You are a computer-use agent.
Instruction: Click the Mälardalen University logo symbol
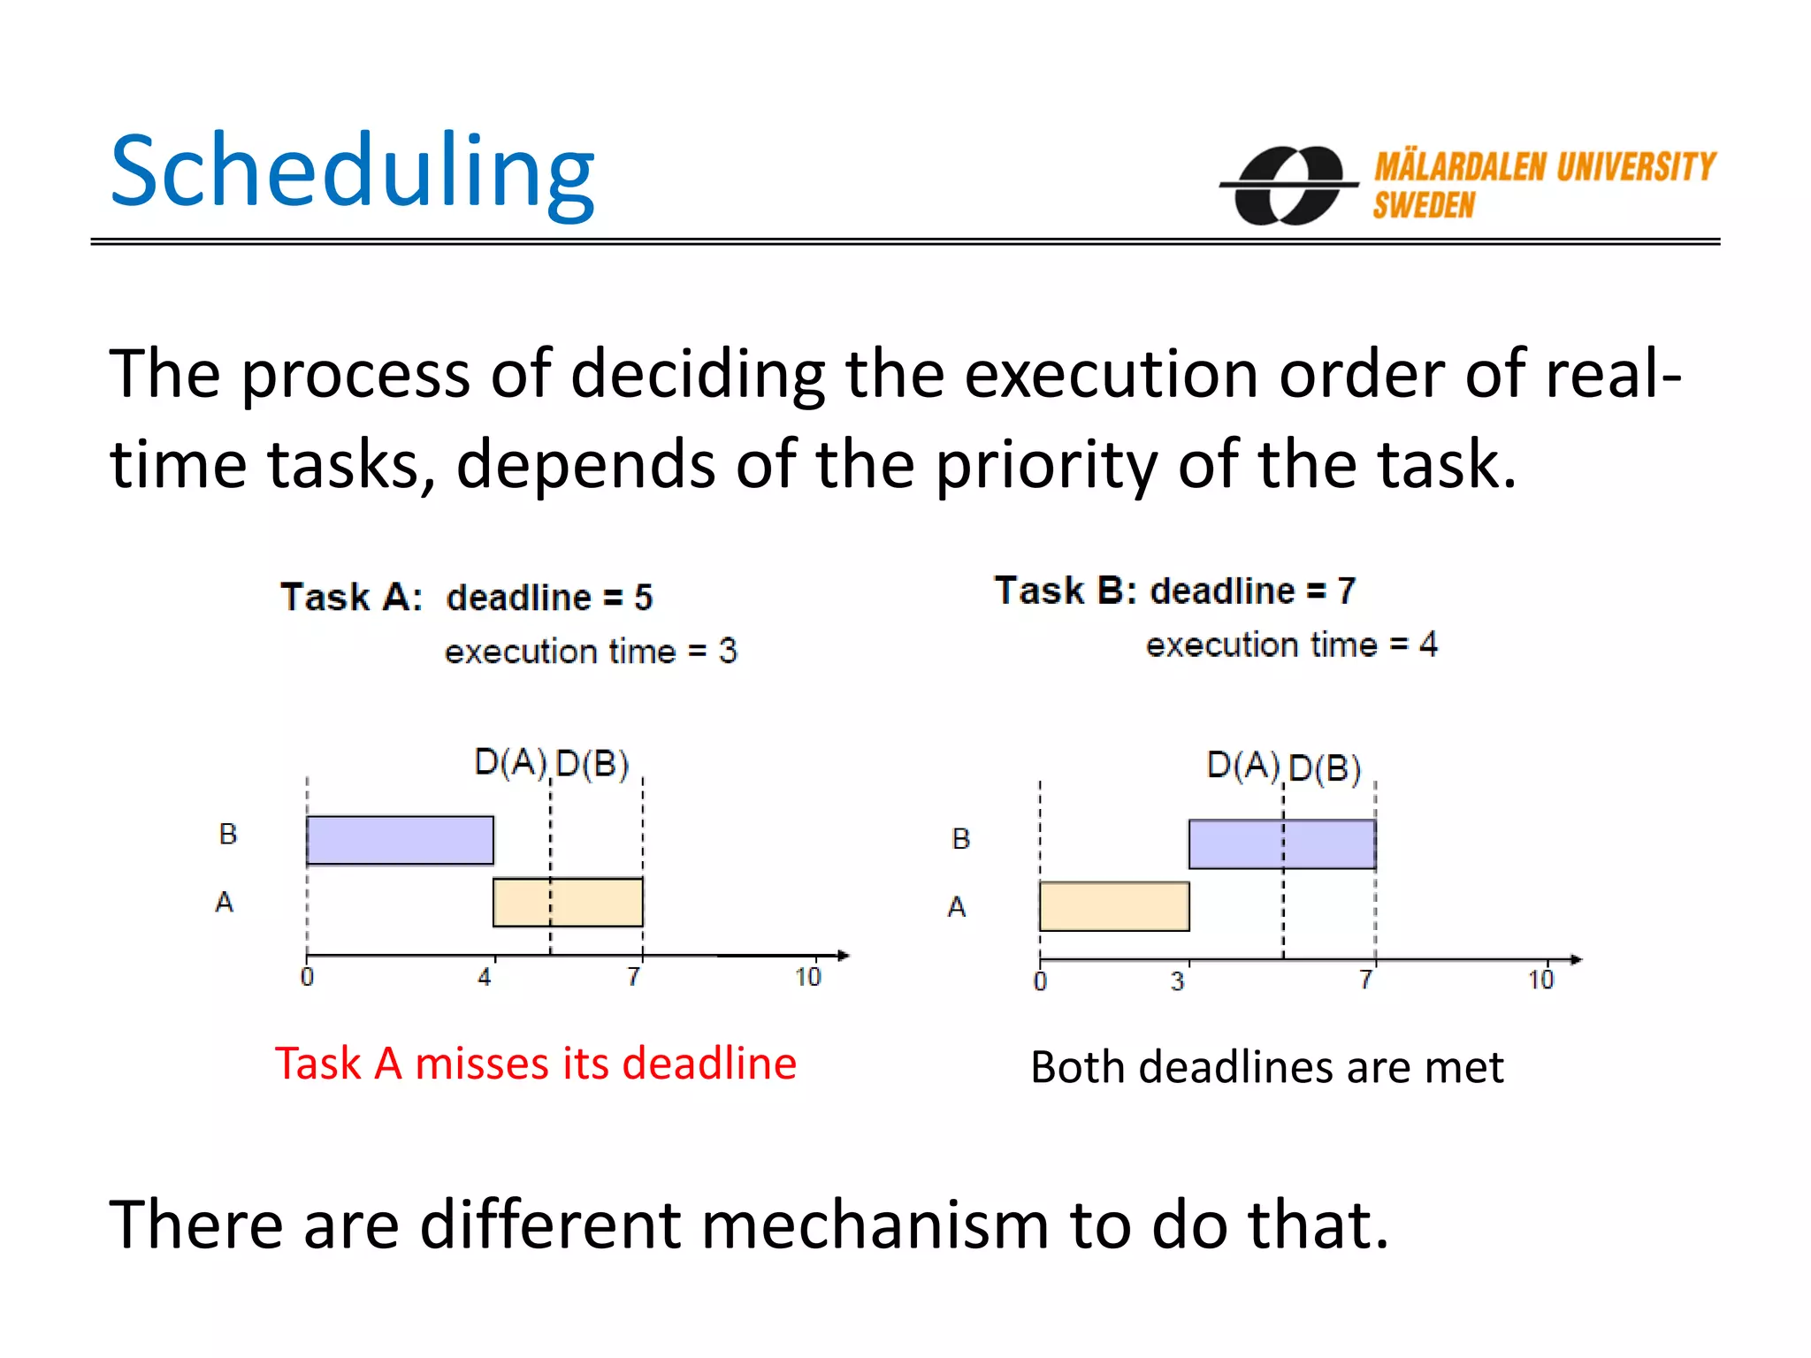(1289, 185)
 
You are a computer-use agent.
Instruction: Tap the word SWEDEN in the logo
(1424, 206)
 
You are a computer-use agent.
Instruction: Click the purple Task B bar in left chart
(400, 840)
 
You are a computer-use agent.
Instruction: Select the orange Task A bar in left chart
(568, 902)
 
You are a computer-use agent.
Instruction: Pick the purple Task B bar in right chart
(1281, 844)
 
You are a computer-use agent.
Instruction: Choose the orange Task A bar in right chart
(1114, 906)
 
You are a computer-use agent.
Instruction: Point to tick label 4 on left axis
(485, 977)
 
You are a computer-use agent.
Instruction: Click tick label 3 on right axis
(1177, 980)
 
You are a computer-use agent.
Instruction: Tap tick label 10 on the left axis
(807, 977)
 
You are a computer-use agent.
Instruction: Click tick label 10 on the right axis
(1540, 980)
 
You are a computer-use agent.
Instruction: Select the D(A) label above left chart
(510, 762)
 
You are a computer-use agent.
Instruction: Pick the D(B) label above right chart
(1324, 768)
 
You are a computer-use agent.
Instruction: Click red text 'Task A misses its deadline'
(535, 1063)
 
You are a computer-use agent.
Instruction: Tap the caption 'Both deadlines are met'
(1266, 1067)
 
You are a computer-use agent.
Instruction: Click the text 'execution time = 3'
(590, 652)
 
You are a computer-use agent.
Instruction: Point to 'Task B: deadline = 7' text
(1174, 590)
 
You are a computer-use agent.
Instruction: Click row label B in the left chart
(228, 834)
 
